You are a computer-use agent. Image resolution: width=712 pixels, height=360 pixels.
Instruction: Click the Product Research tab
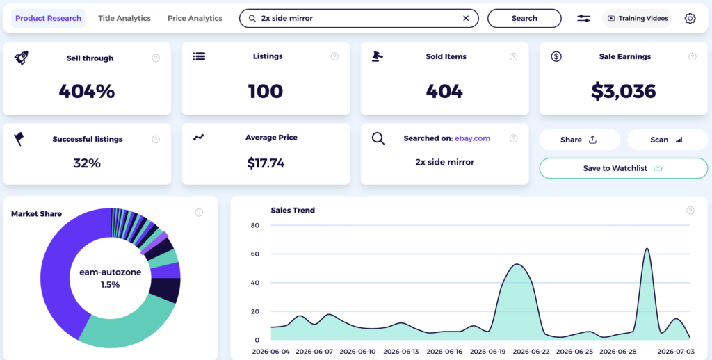(x=48, y=19)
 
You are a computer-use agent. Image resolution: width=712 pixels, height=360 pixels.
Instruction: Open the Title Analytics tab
(x=124, y=19)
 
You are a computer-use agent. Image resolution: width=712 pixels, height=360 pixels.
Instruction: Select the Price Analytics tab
(x=195, y=19)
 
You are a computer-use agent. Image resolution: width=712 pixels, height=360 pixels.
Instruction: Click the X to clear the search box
(x=466, y=19)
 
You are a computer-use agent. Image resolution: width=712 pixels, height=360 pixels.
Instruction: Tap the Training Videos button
(x=637, y=19)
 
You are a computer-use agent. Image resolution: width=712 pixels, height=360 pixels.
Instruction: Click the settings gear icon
(x=690, y=19)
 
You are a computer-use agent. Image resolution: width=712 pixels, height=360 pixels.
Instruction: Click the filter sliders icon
(x=583, y=19)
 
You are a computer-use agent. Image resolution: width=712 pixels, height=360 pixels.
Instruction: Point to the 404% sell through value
(x=87, y=91)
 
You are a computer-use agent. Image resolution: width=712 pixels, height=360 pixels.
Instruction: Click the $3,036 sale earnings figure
(x=624, y=91)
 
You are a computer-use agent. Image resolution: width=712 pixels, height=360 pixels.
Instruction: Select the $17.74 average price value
(x=266, y=163)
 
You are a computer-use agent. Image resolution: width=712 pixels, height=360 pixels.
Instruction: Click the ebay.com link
(x=472, y=138)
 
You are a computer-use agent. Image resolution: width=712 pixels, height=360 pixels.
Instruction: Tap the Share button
(x=579, y=140)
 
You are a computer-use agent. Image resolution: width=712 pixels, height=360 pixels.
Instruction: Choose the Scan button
(x=667, y=140)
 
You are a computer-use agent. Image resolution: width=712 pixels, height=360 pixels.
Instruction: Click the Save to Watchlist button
(x=624, y=168)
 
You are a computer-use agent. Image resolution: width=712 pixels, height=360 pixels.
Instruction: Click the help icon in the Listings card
(x=334, y=56)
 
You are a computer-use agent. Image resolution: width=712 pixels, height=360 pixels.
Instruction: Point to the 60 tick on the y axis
(x=254, y=254)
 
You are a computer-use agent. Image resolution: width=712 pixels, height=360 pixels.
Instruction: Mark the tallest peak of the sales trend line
(x=647, y=248)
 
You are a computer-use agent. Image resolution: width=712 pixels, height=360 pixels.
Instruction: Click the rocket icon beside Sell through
(x=21, y=58)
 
